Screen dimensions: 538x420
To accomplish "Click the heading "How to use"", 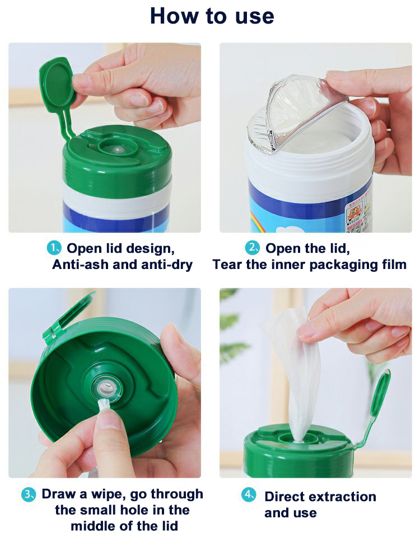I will click(212, 16).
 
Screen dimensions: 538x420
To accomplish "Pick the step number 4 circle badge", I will click(249, 495).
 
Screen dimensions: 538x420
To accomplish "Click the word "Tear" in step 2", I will click(227, 265).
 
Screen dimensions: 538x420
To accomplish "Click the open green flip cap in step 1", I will click(55, 84).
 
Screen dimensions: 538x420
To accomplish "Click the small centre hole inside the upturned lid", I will click(104, 388).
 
